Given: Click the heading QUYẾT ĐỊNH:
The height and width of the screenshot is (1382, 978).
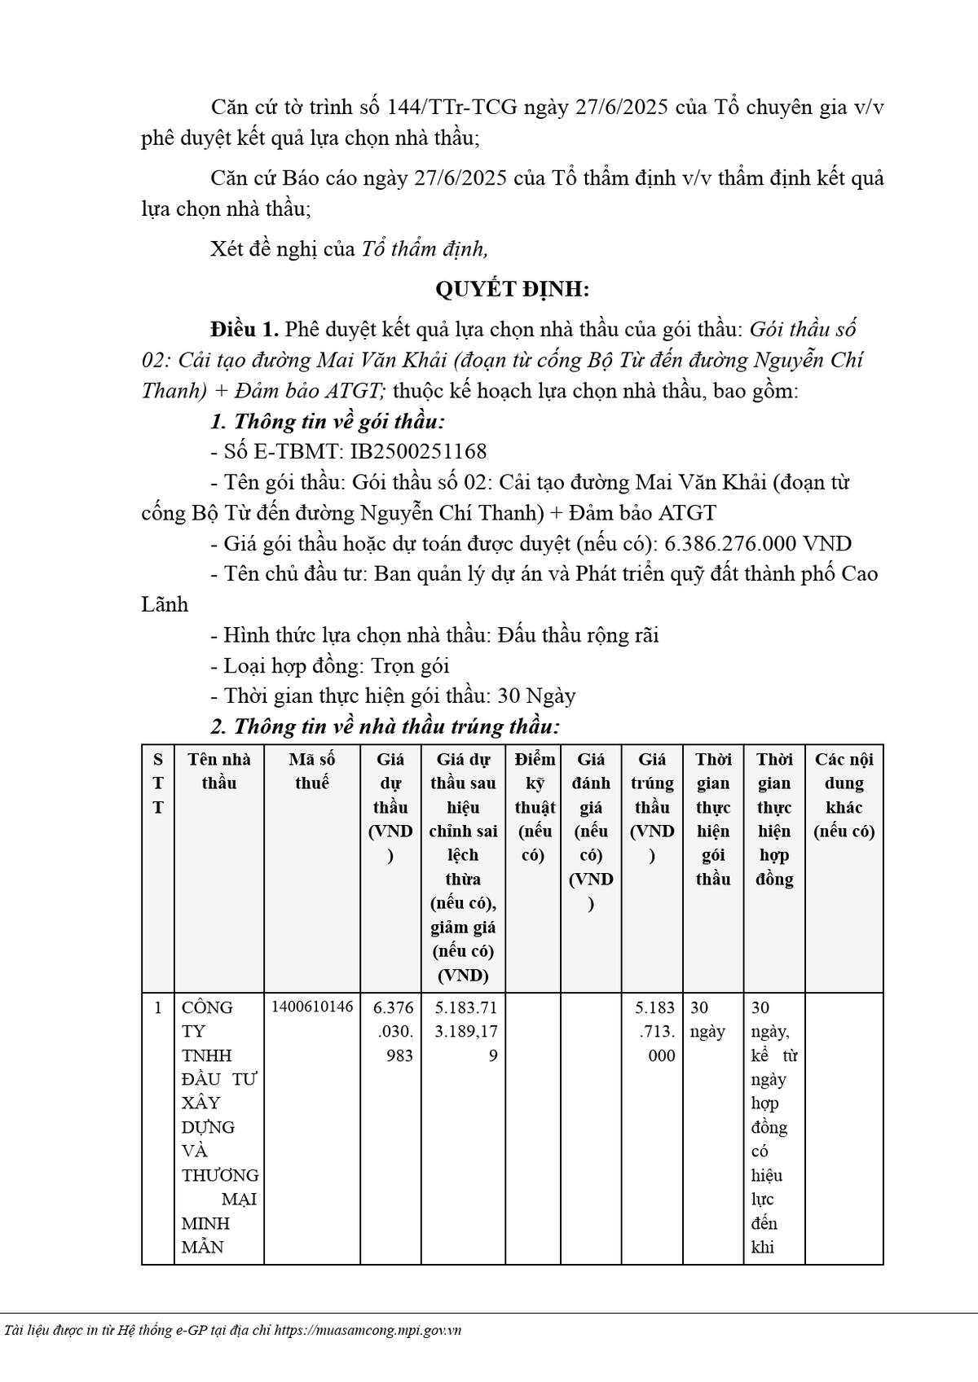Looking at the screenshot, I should click(x=511, y=289).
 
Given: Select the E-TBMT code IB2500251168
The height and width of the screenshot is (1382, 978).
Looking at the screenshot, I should click(x=418, y=452).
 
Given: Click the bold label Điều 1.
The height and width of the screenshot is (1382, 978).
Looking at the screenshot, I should click(x=244, y=330).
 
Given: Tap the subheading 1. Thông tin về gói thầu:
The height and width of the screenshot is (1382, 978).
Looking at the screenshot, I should click(x=328, y=422).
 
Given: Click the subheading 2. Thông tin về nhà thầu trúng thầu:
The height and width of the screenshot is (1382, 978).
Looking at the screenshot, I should click(x=385, y=726).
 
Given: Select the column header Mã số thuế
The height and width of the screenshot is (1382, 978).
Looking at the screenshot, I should click(x=311, y=771).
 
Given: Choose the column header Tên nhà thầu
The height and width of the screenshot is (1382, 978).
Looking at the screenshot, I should click(x=218, y=771).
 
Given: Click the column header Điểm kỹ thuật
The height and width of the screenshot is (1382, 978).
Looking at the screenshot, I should click(x=535, y=806).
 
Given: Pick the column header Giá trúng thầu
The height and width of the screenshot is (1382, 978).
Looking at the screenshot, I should click(x=652, y=806).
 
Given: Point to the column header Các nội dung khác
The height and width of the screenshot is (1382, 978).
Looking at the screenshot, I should click(x=844, y=795).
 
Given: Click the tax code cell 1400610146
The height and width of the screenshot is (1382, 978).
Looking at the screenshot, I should click(x=312, y=1007).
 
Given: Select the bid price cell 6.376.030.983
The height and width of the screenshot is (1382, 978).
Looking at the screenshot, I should click(x=393, y=1031).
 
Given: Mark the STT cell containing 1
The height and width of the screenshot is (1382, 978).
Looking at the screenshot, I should click(x=158, y=1008).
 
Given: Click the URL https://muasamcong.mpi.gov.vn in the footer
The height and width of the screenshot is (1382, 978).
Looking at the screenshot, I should click(x=368, y=1331).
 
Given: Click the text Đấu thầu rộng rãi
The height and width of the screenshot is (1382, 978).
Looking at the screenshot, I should click(x=578, y=635).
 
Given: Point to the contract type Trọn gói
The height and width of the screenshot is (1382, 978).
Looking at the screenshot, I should click(x=410, y=666).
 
